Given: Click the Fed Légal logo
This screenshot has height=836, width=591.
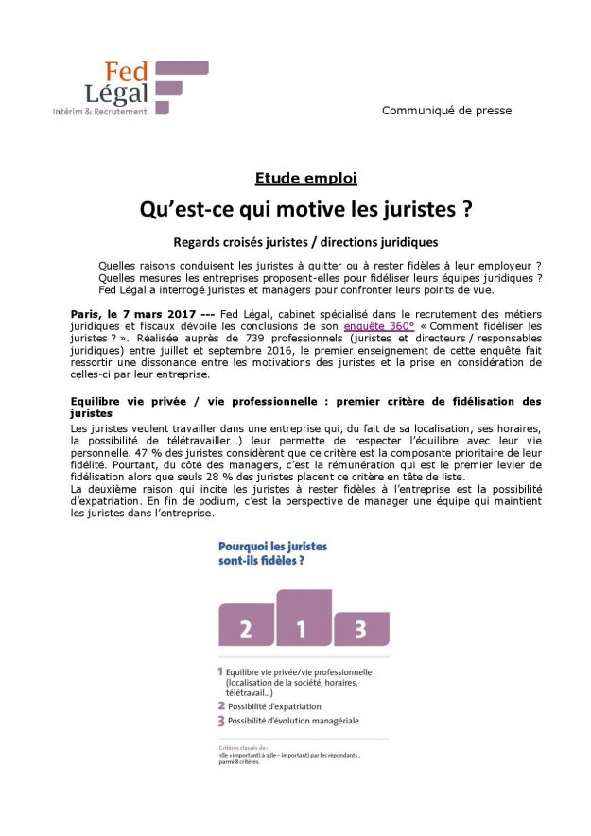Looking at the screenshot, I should pyautogui.click(x=131, y=86).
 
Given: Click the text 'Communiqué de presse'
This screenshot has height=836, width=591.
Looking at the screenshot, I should pyautogui.click(x=446, y=111).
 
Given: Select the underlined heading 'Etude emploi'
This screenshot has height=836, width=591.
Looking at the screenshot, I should pyautogui.click(x=305, y=177).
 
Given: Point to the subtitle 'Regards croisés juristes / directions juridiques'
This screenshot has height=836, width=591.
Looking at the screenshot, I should pyautogui.click(x=306, y=242).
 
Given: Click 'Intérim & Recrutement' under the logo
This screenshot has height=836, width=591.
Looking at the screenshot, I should pyautogui.click(x=100, y=112).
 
